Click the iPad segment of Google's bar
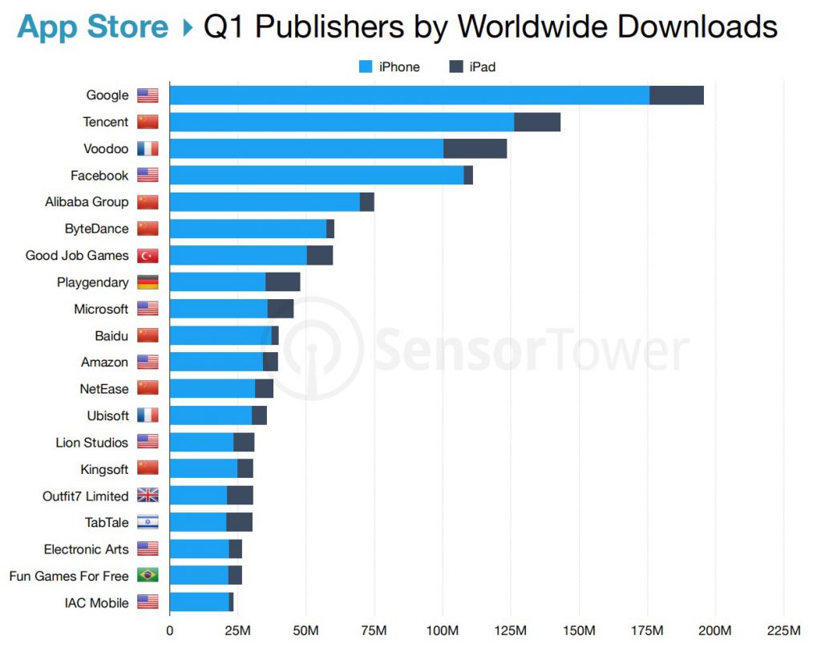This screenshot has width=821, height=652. pyautogui.click(x=676, y=95)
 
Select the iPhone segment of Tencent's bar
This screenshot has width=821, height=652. pyautogui.click(x=342, y=122)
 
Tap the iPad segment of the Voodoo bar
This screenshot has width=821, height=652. pyautogui.click(x=475, y=148)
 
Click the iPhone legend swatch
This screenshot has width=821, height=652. pyautogui.click(x=366, y=67)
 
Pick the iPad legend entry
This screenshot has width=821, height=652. pyautogui.click(x=472, y=67)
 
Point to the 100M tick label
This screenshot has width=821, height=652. pyautogui.click(x=443, y=630)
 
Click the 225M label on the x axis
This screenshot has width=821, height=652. pyautogui.click(x=783, y=630)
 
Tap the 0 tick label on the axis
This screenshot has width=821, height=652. pyautogui.click(x=169, y=630)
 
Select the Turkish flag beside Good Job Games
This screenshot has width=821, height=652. pyautogui.click(x=148, y=256)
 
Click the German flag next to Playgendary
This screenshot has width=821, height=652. pyautogui.click(x=148, y=282)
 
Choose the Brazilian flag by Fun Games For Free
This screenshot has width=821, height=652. pyautogui.click(x=148, y=576)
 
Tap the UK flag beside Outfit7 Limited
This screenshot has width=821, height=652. pyautogui.click(x=148, y=496)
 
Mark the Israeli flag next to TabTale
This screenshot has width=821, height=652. pyautogui.click(x=148, y=522)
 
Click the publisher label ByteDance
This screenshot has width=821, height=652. pyautogui.click(x=96, y=229)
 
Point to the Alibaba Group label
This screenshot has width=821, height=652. pyautogui.click(x=87, y=202)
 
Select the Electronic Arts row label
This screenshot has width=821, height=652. pyautogui.click(x=86, y=549)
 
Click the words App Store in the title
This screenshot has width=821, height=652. pyautogui.click(x=93, y=27)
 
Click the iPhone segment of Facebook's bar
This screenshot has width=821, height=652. pyautogui.click(x=317, y=175)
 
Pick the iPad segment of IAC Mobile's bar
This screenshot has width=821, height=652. pyautogui.click(x=231, y=602)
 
